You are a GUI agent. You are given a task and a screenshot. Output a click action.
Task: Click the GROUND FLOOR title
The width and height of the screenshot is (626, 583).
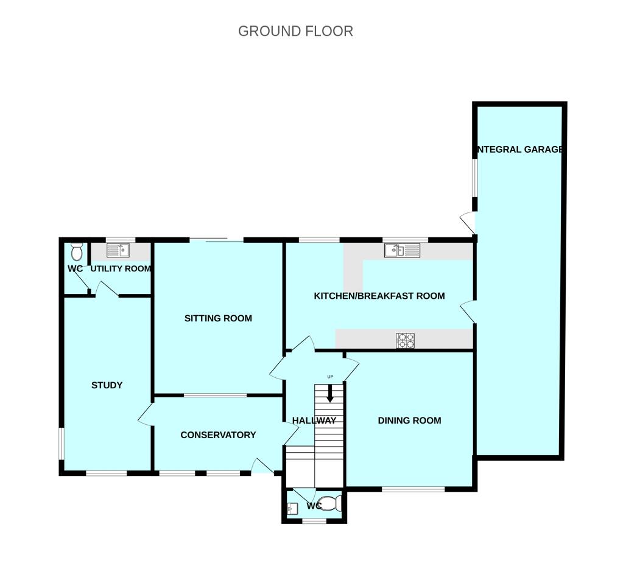295,31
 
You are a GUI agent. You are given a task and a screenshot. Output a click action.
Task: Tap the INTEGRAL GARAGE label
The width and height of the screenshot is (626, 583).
519,149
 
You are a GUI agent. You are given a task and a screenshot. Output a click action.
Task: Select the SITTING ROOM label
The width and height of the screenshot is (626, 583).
218,318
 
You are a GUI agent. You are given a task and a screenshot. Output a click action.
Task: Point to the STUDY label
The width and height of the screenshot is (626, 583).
107,385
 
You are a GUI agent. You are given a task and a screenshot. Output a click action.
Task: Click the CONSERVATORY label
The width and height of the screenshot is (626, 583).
218,435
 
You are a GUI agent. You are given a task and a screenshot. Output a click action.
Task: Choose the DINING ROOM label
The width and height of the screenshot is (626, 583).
409,421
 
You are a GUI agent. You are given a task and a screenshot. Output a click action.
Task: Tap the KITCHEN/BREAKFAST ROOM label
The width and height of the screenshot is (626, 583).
379,296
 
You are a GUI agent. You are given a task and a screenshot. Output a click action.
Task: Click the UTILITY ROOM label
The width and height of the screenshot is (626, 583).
121,268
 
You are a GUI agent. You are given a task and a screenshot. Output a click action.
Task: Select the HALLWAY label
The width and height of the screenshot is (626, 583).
314,421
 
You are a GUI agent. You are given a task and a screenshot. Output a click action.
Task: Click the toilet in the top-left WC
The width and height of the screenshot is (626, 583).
77,251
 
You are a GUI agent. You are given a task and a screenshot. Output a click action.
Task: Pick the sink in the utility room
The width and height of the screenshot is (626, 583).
118,250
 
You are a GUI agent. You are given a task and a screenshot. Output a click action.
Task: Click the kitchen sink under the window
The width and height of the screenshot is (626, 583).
402,250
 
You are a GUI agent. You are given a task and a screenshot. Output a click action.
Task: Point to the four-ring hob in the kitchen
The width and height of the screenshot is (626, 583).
406,340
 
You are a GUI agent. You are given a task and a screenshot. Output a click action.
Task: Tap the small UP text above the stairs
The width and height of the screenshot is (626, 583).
330,377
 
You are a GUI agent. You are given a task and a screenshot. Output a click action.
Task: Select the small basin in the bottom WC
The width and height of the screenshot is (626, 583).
292,508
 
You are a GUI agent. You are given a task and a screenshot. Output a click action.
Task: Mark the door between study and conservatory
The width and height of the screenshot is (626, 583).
146,414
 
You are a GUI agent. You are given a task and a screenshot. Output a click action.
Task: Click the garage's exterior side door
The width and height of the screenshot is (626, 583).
468,222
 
